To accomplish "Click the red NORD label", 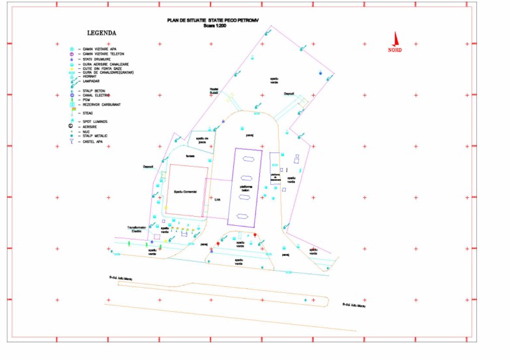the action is coord(395,50).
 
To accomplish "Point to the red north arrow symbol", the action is coord(394,40).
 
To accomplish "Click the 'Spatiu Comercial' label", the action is coord(185,192).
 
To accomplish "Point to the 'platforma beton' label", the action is coord(248,189).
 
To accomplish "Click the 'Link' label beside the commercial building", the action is coord(218,200).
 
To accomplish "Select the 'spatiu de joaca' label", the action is coord(202,140).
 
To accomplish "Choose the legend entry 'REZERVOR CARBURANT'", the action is coord(102,104).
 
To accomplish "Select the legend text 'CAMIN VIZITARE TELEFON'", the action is coord(103,53).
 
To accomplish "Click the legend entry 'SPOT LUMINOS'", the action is coord(95,122).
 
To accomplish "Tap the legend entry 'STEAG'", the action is coord(88,113).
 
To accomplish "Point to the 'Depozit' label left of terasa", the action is coord(149,167).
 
